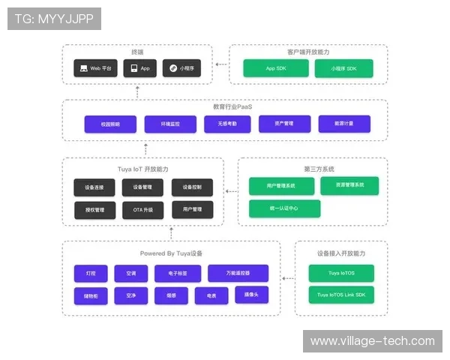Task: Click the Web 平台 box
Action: pos(95,68)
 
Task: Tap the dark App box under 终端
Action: pos(139,68)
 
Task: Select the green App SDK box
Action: pos(275,68)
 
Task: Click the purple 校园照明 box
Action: pos(100,124)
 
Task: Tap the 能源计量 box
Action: pos(344,124)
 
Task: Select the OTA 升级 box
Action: pos(142,210)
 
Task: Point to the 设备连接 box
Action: pos(94,187)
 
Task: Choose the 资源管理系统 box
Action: pos(349,184)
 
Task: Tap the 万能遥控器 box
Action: pos(238,274)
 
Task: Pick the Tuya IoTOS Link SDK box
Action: pos(340,295)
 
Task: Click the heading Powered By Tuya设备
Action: pos(171,253)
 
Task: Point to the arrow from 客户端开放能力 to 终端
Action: pos(221,65)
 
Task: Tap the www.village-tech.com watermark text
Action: pos(372,341)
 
